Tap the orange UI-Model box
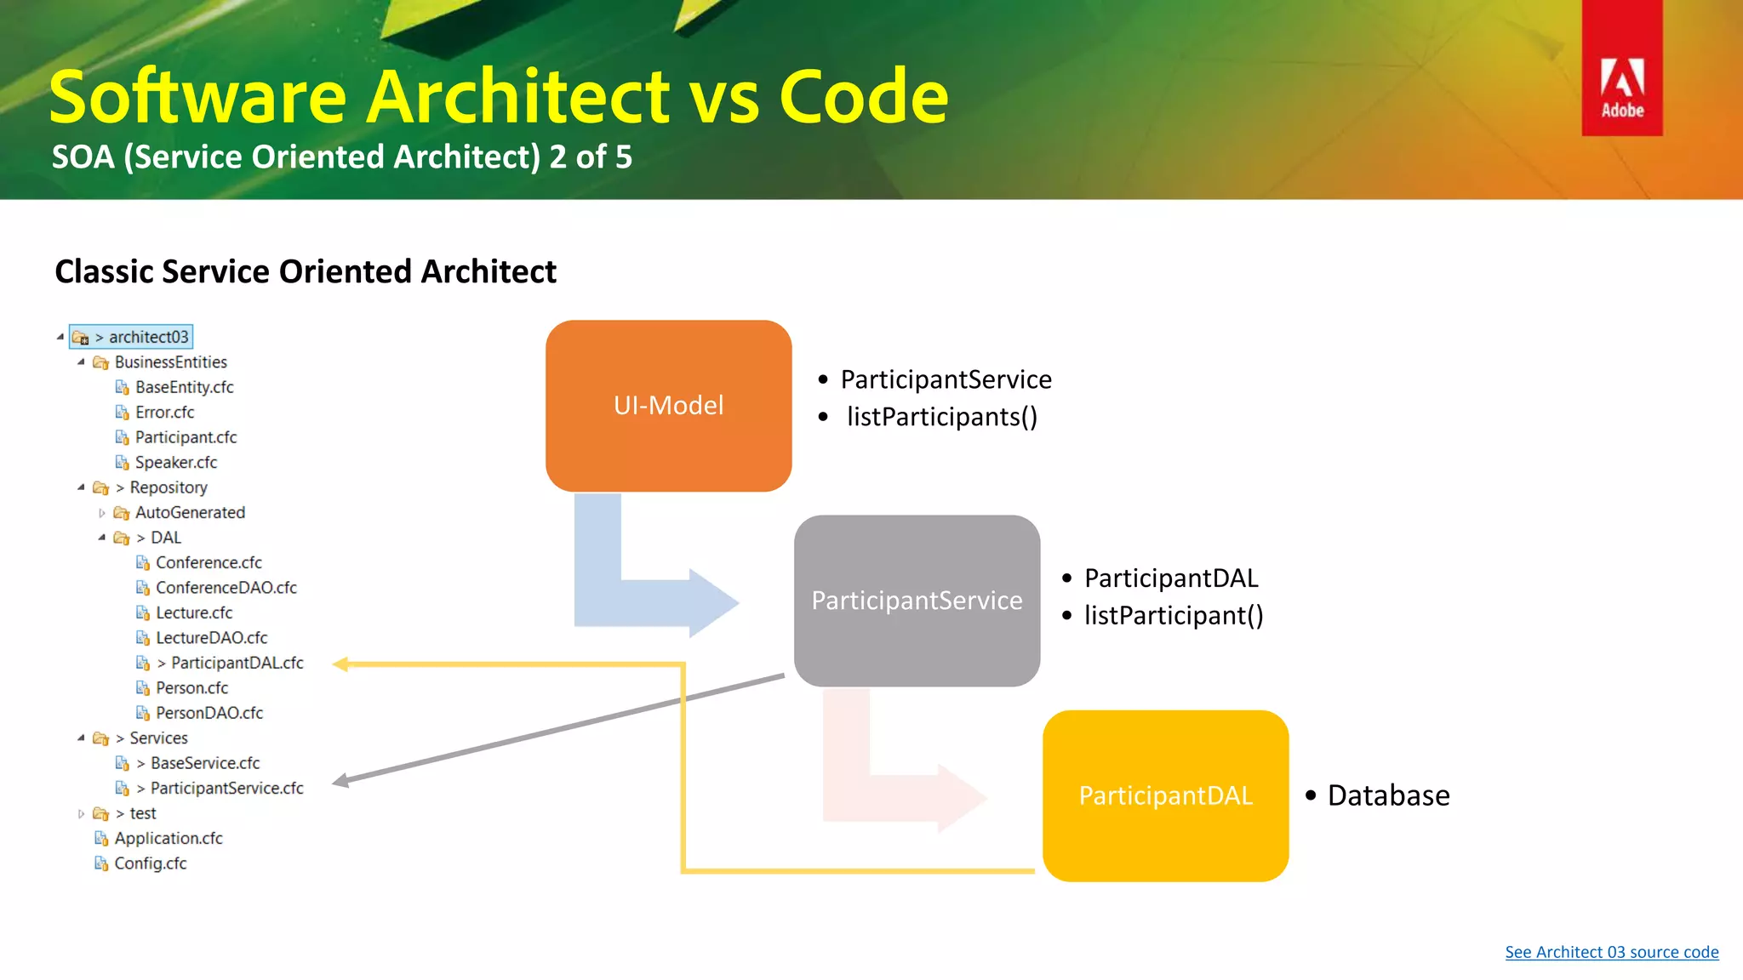click(x=668, y=406)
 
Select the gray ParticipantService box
click(x=917, y=601)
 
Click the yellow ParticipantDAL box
click(x=1165, y=795)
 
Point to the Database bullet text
click(x=1388, y=795)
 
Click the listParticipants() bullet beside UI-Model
click(x=941, y=417)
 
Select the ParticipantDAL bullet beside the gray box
click(x=1171, y=578)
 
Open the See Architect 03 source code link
click(x=1611, y=952)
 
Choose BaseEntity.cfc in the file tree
click(x=184, y=387)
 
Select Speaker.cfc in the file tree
click(x=176, y=463)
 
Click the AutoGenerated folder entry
click(x=190, y=513)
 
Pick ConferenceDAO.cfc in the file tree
click(x=226, y=588)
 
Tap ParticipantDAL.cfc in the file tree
click(x=237, y=663)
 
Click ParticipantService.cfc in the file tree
click(x=226, y=789)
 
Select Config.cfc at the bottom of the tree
click(x=151, y=863)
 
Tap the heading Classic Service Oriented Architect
click(x=306, y=272)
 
